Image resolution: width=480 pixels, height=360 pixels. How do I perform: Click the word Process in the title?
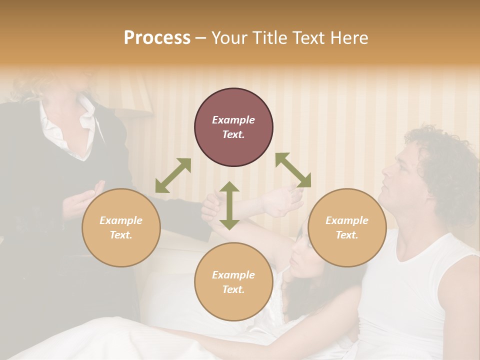coord(157,38)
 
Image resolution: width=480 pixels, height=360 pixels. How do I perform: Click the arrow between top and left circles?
coord(173,175)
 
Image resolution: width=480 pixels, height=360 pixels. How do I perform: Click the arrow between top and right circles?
coord(293,170)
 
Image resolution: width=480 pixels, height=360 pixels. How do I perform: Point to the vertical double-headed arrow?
coord(229,205)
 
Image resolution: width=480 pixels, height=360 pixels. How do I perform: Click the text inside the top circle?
coord(233,127)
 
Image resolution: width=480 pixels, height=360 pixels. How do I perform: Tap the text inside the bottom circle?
coord(233,282)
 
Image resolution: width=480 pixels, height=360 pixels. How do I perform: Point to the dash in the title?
coord(200,38)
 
